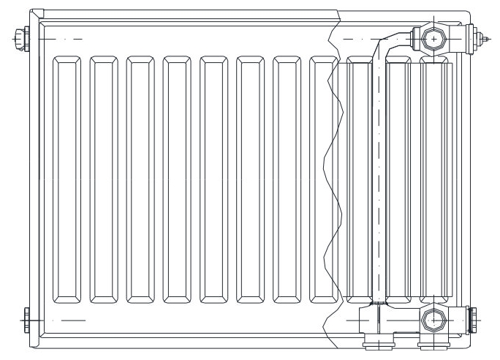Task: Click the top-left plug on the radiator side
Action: (x=20, y=35)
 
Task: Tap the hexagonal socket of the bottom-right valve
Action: (x=432, y=320)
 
